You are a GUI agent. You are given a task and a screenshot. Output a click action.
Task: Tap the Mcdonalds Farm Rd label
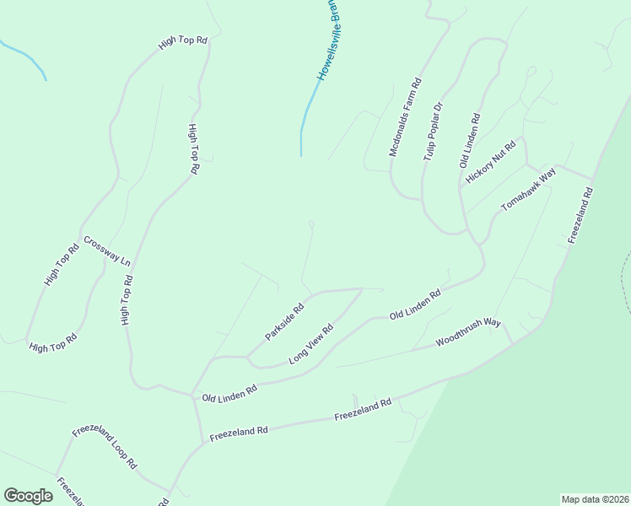point(404,119)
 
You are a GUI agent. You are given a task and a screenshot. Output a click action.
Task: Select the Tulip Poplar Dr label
point(433,133)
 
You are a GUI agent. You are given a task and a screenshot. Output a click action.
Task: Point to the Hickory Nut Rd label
point(489,161)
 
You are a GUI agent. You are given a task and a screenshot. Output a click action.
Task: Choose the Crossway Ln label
point(107,250)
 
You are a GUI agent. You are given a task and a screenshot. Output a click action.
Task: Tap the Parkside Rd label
point(284,322)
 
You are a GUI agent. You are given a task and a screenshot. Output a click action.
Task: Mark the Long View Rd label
point(311,344)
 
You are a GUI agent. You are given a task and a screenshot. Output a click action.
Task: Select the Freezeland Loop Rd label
point(105,447)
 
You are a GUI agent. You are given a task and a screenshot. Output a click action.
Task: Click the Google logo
point(28,496)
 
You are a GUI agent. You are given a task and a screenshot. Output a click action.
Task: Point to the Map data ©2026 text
point(594,499)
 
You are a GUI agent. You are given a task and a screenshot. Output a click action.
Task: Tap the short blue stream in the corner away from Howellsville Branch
point(25,57)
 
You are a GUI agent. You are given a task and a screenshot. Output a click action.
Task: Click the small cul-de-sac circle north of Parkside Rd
point(311,223)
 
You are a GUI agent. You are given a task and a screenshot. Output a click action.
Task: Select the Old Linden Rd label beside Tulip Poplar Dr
point(470,141)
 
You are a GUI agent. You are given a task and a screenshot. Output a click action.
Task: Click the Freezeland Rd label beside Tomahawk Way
point(581,216)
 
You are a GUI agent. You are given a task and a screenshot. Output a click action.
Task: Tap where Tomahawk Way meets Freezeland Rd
point(593,180)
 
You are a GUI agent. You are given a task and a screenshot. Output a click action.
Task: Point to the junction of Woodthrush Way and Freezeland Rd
point(512,343)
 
